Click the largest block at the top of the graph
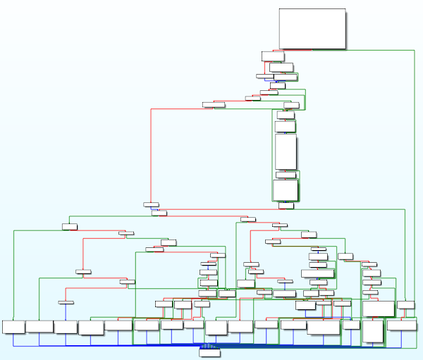pos(312,28)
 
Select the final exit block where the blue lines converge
pos(209,352)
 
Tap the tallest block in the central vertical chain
pos(286,151)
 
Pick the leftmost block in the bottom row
pos(13,326)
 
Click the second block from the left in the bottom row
pos(39,326)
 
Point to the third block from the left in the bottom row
pos(66,326)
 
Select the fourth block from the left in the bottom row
pos(91,327)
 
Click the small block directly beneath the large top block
pos(273,56)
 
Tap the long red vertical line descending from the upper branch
pos(150,155)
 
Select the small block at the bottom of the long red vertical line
pos(151,204)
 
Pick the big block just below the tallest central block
pos(286,189)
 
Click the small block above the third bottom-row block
pos(66,302)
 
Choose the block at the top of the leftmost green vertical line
pos(69,226)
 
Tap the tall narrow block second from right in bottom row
pos(373,330)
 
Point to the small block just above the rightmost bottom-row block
pos(405,305)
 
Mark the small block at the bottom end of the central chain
pos(286,206)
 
